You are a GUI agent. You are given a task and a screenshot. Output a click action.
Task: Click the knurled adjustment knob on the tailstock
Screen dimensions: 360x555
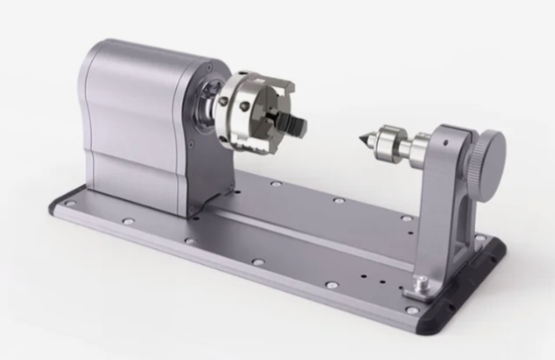click(x=484, y=151)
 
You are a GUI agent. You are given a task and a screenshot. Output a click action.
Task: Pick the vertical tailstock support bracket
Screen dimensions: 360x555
click(x=445, y=198)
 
